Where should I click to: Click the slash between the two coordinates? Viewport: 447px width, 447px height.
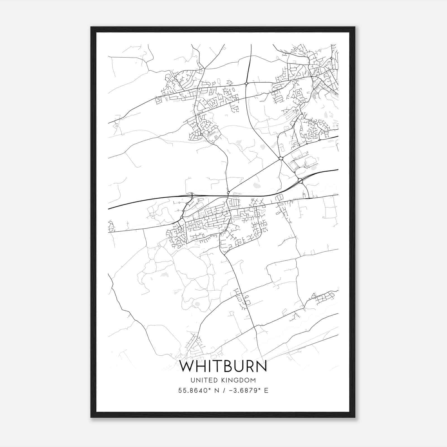pos(223,391)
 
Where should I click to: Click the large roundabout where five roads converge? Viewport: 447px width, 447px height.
pos(281,158)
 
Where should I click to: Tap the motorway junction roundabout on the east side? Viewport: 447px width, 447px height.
pos(300,181)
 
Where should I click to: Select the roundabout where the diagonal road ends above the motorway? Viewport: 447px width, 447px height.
pos(228,192)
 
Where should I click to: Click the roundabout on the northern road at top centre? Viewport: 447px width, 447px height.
pos(246,83)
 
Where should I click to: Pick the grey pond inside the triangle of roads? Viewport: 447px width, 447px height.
pos(256,185)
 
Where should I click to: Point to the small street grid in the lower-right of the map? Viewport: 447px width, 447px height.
pos(324,298)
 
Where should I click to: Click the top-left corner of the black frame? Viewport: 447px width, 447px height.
pos(91,27)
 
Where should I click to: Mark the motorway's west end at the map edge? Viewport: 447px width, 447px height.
pos(109,209)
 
